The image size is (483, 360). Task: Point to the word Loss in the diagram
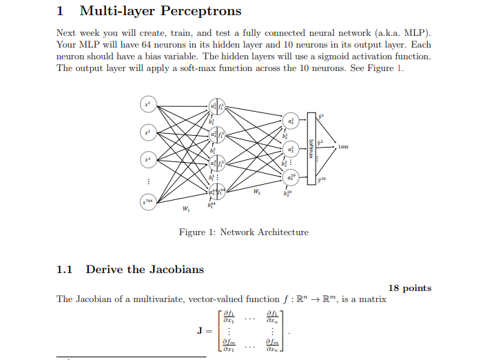343,147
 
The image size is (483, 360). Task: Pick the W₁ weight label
184,209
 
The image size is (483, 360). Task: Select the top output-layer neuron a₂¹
290,121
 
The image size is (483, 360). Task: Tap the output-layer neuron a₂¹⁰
290,177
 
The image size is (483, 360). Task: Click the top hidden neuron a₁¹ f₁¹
218,106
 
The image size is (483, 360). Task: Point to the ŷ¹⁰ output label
323,179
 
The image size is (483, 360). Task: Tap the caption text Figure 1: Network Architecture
243,232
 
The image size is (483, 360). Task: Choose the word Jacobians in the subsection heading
177,270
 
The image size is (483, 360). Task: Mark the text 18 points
410,288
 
